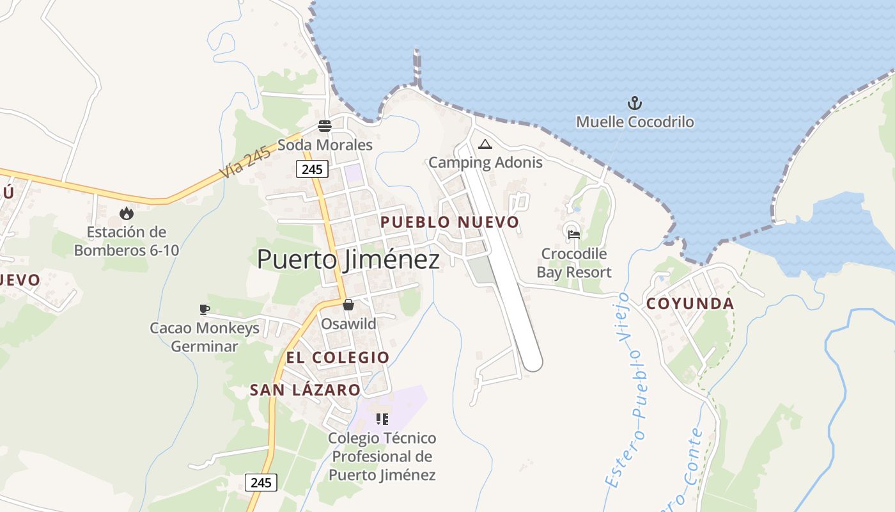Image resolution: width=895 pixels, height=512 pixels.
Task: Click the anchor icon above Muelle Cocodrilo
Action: [x=634, y=102]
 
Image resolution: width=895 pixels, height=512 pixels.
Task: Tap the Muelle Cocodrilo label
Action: [x=635, y=122]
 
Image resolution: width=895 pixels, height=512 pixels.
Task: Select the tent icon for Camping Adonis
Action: [x=485, y=144]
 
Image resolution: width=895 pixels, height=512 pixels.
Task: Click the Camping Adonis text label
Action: [x=485, y=163]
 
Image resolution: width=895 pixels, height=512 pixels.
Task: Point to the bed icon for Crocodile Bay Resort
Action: [x=573, y=234]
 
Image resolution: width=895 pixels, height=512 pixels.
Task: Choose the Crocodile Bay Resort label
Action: [x=573, y=263]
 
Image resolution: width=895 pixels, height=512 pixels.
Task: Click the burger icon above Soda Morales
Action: [x=325, y=125]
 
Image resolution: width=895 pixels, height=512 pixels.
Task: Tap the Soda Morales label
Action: [x=325, y=145]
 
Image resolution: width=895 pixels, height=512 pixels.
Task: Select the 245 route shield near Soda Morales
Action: [x=312, y=169]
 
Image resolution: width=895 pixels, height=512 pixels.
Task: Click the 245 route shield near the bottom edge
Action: [x=261, y=483]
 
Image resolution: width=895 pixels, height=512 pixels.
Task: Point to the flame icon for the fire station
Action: [x=127, y=213]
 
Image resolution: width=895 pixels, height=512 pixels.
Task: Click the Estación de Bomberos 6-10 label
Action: [x=127, y=241]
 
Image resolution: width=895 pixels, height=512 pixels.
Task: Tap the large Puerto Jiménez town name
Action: [x=348, y=260]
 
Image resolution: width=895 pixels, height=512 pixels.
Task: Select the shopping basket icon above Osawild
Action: [x=348, y=305]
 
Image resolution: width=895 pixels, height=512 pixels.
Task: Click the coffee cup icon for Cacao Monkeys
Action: [x=205, y=310]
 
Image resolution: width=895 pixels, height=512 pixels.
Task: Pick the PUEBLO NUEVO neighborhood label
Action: [x=450, y=222]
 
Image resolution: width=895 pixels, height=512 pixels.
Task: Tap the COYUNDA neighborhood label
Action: [x=690, y=303]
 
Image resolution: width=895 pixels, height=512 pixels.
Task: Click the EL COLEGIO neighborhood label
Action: [x=338, y=357]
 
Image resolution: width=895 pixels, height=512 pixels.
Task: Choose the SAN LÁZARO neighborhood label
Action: [x=305, y=390]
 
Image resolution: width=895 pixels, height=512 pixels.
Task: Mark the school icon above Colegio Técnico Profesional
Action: [x=382, y=419]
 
